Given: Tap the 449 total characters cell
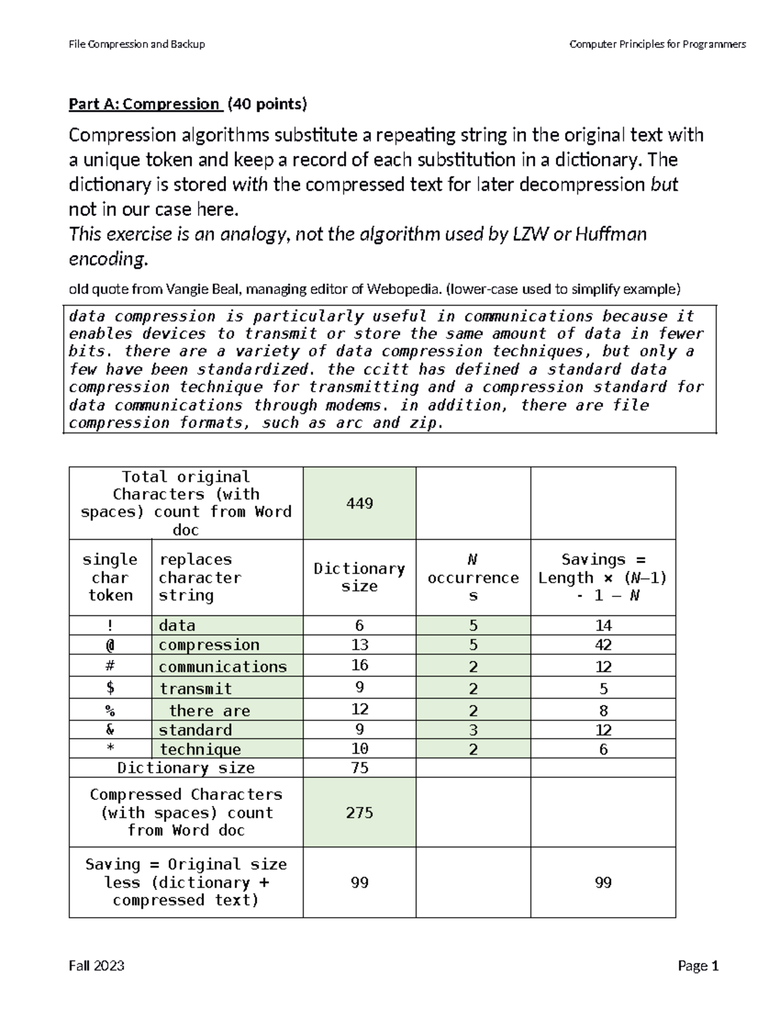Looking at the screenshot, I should [359, 503].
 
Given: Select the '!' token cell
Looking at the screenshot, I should [110, 625].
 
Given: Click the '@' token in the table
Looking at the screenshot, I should [110, 645].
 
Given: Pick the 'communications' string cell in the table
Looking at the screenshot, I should [222, 667].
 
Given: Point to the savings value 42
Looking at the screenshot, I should [603, 645].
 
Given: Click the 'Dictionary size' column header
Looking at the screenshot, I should [359, 577].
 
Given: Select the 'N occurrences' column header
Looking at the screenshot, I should [473, 577].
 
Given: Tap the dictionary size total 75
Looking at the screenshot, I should [359, 767].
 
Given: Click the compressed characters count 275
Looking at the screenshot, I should [359, 812].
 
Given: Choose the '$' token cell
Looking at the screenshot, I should [110, 688].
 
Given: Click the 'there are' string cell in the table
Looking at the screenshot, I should [209, 710].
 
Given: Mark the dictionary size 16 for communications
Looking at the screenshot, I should [359, 665].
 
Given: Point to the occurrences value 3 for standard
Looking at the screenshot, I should [473, 730].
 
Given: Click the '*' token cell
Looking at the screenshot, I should [110, 749].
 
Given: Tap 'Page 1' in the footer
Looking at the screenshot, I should [698, 966].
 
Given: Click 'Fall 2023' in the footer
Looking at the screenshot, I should [96, 966].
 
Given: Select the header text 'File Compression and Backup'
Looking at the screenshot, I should [136, 44].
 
